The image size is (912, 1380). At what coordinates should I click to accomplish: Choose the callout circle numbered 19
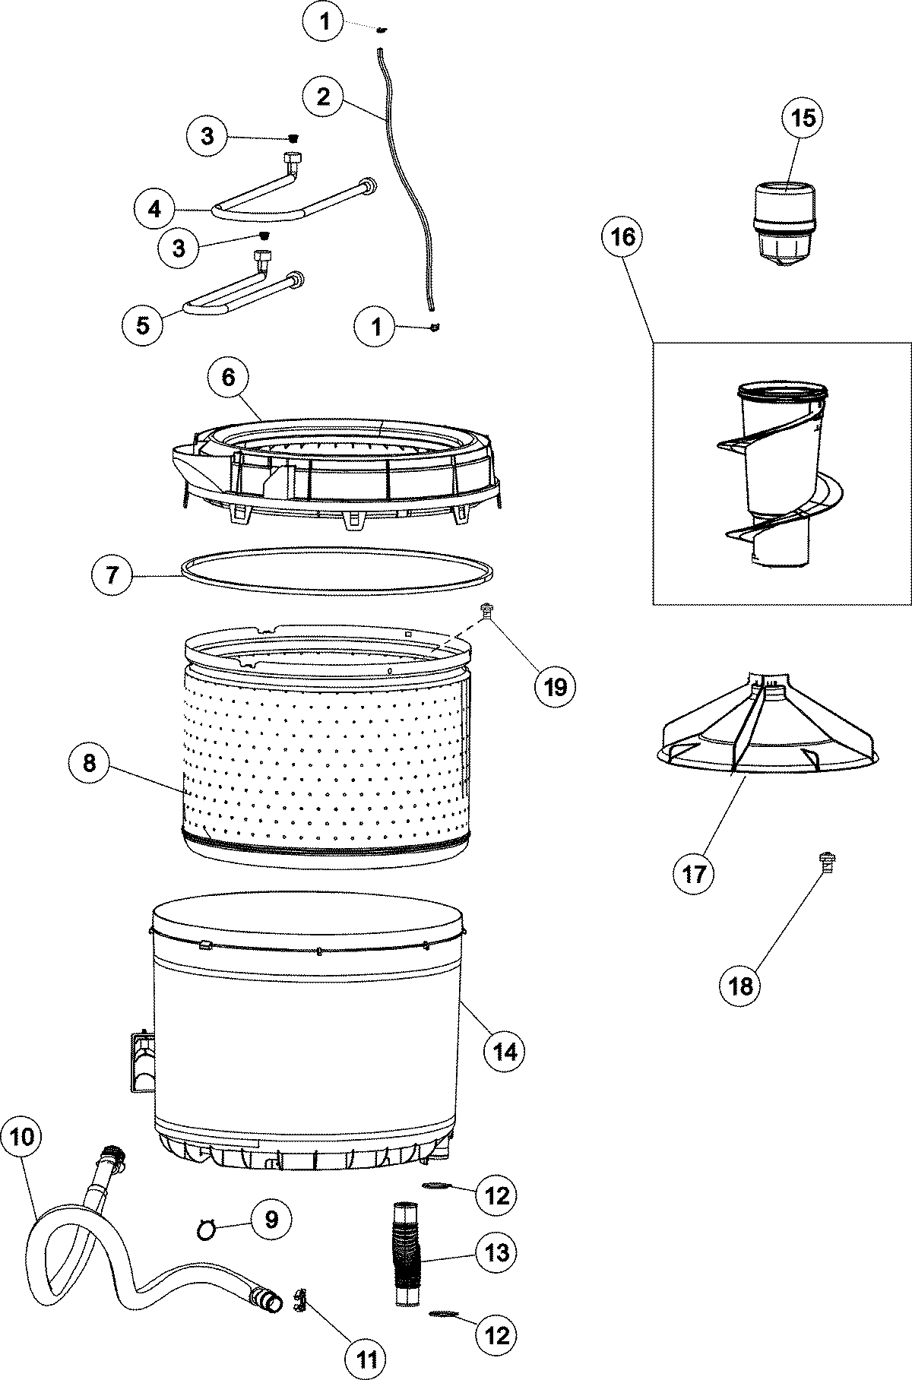[x=555, y=687]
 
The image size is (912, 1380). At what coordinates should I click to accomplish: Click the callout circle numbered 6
[x=230, y=377]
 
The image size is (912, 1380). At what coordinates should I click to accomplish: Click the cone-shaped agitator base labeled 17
[x=768, y=730]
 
